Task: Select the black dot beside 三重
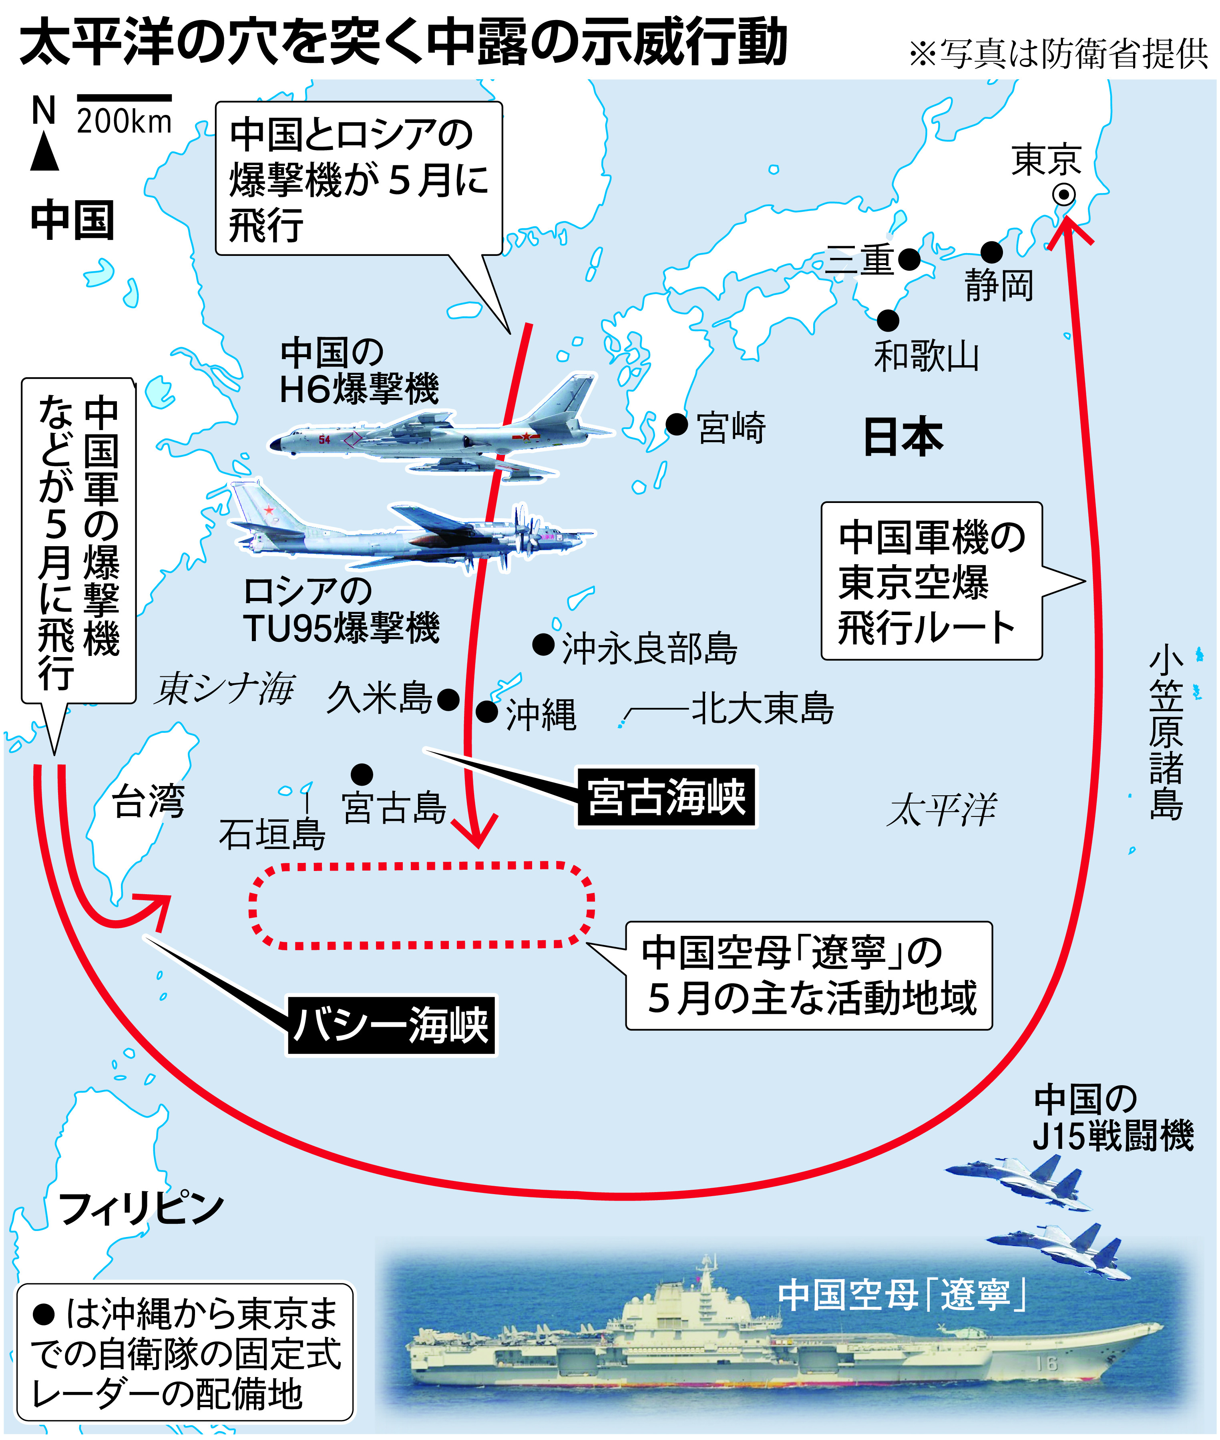[909, 259]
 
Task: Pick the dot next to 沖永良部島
[544, 645]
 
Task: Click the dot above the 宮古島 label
[362, 774]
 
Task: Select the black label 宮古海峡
[667, 797]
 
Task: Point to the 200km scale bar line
[125, 98]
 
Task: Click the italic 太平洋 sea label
[942, 809]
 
